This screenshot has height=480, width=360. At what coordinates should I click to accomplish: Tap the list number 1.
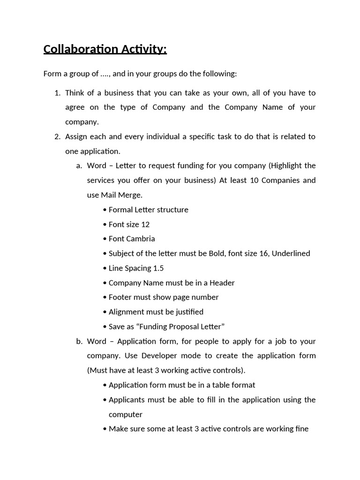click(57, 93)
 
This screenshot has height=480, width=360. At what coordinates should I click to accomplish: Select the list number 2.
click(57, 136)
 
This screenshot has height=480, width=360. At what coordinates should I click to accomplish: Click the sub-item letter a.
click(79, 165)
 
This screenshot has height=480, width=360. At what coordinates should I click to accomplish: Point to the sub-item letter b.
click(79, 341)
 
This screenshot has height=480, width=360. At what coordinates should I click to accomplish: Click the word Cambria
click(140, 239)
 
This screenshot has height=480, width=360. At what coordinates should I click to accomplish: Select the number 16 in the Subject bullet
click(262, 253)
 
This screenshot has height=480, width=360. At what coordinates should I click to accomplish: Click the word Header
click(222, 283)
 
